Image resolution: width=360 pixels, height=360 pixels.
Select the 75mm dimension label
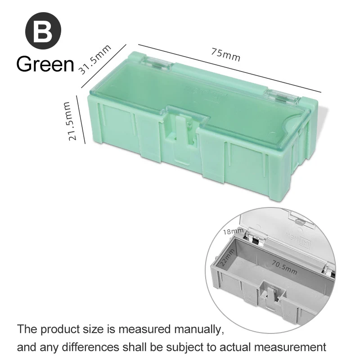click(x=225, y=55)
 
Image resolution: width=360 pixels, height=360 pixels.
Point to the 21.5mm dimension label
click(x=67, y=121)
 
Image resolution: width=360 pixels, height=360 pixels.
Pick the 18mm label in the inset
click(x=234, y=231)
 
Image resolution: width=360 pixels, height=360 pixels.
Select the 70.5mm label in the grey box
click(x=284, y=266)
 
